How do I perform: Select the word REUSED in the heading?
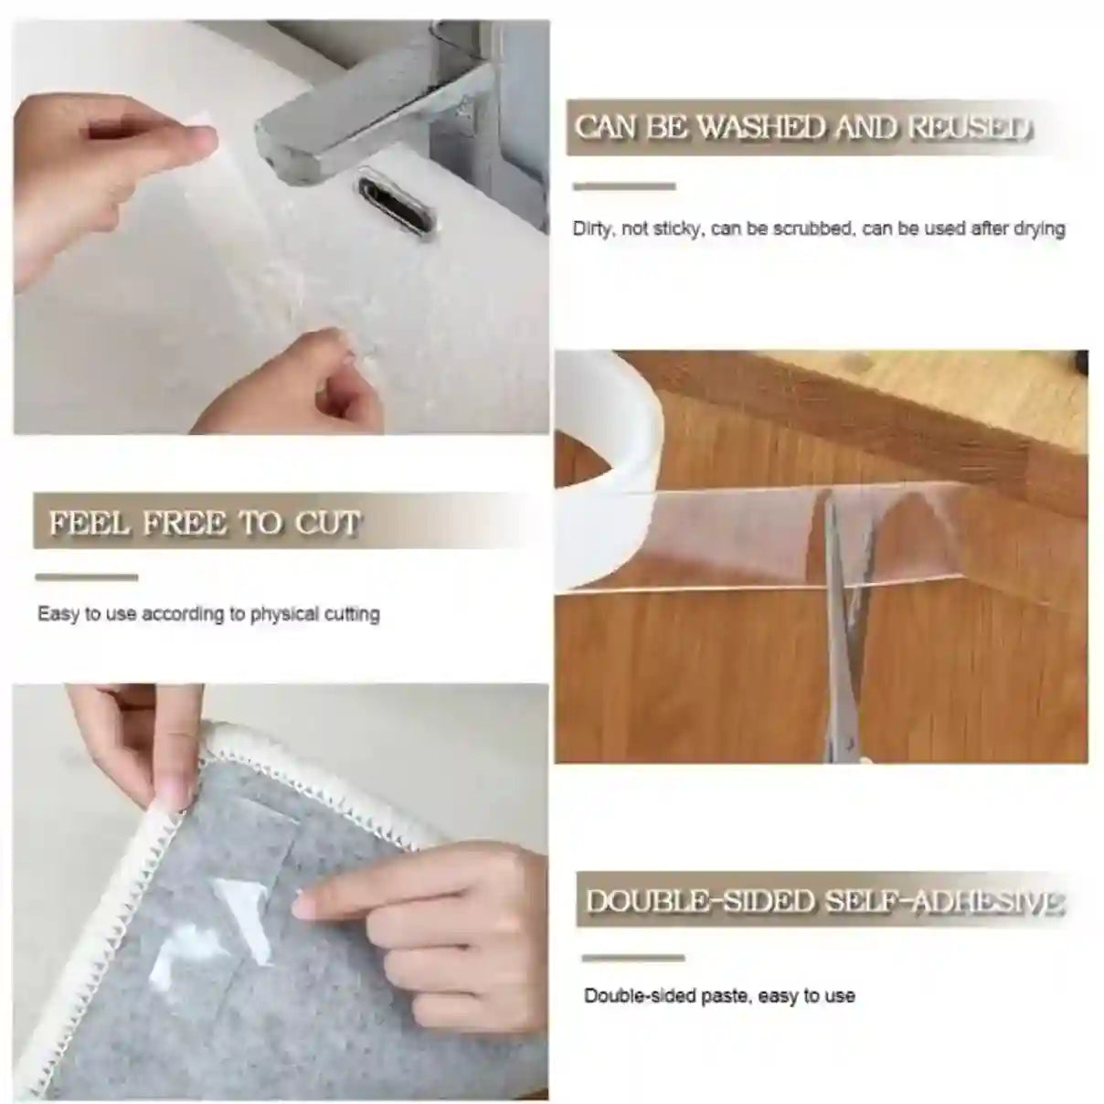click(968, 128)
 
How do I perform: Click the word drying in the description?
click(1039, 228)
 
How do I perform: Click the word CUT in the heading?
click(326, 524)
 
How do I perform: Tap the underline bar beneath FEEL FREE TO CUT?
click(86, 578)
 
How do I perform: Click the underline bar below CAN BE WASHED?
click(623, 186)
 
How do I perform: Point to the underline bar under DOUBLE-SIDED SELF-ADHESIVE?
click(633, 958)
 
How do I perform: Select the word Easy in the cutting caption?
click(58, 614)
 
